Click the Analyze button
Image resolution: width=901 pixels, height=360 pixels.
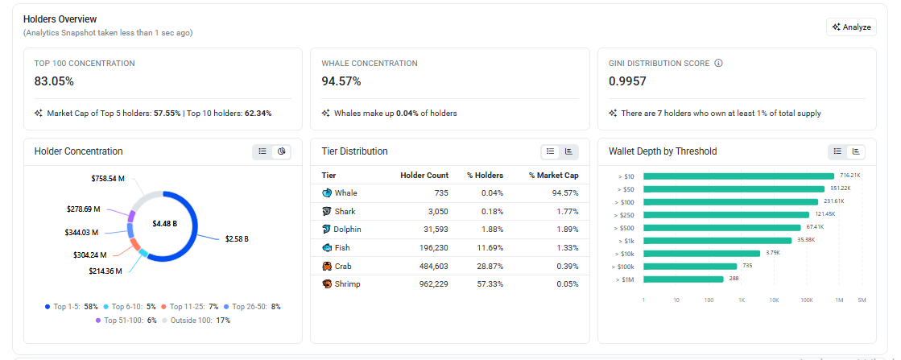tap(851, 27)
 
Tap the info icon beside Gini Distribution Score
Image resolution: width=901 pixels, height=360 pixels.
tap(718, 64)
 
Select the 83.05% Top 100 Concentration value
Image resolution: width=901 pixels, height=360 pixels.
tap(54, 81)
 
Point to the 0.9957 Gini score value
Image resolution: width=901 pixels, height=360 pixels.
tap(627, 81)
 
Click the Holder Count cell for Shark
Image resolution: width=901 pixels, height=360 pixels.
tap(437, 212)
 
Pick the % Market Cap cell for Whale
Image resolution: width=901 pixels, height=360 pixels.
tap(564, 193)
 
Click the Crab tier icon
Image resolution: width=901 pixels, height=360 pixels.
tap(327, 267)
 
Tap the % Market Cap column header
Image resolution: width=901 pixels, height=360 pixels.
tap(554, 176)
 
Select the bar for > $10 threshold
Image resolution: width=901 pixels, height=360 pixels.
tap(738, 176)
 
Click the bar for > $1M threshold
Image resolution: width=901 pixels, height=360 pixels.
tap(684, 279)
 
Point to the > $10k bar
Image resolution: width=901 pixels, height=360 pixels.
tap(701, 253)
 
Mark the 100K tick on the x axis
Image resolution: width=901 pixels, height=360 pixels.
tap(807, 300)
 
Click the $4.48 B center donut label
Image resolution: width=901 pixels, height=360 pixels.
tap(164, 223)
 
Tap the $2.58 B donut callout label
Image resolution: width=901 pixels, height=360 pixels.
tap(237, 238)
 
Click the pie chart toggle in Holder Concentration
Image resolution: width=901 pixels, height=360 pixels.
tap(281, 151)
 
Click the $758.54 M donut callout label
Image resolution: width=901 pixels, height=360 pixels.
tap(108, 179)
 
